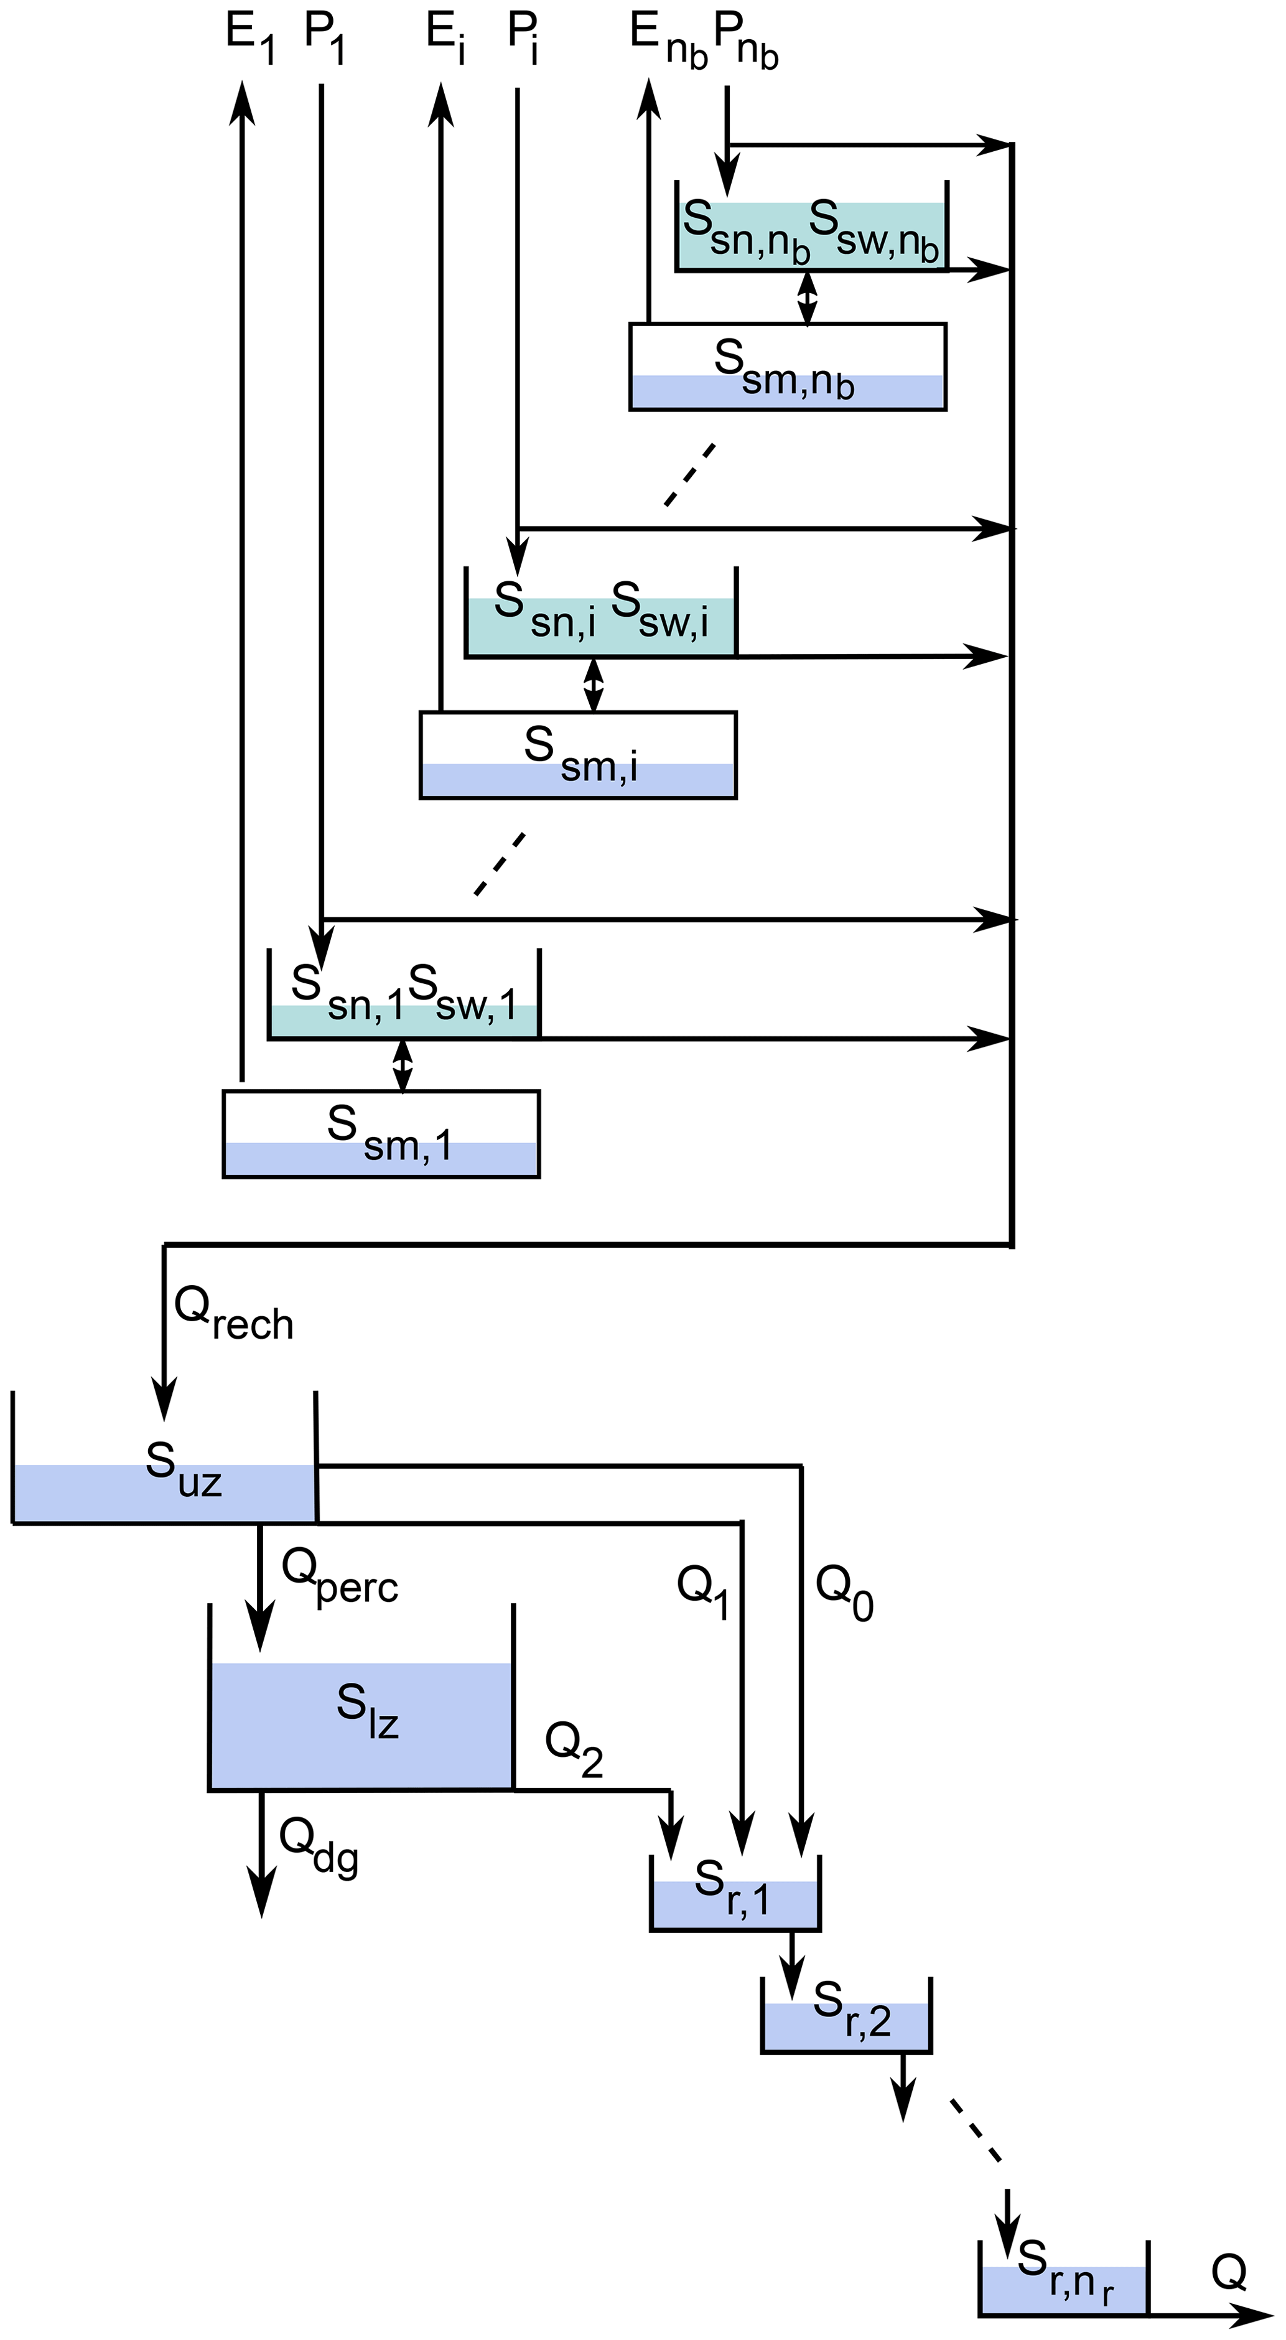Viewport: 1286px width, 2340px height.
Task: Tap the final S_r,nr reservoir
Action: pos(1063,2279)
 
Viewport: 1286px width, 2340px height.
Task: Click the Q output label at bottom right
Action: pos(1228,2273)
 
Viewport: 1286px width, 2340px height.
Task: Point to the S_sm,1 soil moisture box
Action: pos(381,1134)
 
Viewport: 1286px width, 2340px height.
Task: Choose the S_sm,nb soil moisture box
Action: pos(788,367)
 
